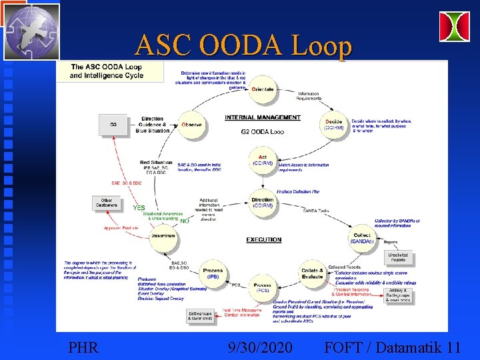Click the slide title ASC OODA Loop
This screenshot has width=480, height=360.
(x=243, y=45)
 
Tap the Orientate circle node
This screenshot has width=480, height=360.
(x=263, y=89)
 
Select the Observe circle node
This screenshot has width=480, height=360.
(x=191, y=125)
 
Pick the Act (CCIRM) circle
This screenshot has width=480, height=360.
(x=263, y=160)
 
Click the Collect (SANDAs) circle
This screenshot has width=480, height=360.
(x=361, y=238)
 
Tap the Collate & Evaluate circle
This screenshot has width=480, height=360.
(x=312, y=273)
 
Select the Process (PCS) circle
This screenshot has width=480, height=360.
(x=263, y=288)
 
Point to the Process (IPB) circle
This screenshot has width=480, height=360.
(x=213, y=273)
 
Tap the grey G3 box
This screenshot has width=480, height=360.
(x=113, y=124)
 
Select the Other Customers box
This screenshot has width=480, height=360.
(x=106, y=202)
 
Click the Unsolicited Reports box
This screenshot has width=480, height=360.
(x=397, y=257)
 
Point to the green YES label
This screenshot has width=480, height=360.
(x=139, y=208)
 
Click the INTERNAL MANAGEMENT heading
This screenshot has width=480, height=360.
(x=262, y=117)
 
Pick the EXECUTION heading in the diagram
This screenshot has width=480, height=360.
(x=263, y=239)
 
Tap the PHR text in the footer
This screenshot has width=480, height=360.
(x=83, y=347)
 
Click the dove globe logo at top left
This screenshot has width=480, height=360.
(x=31, y=31)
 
